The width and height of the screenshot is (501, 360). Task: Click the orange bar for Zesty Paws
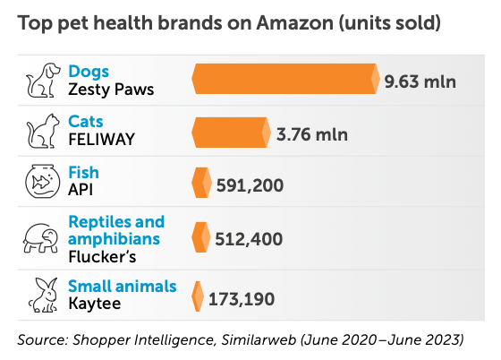tap(285, 80)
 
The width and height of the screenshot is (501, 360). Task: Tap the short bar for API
tap(201, 184)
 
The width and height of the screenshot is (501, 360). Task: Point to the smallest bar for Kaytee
tap(198, 296)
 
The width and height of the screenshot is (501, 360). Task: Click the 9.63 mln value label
tap(420, 81)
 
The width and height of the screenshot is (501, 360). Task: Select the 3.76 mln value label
tap(312, 135)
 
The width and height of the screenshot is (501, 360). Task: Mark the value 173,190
tap(241, 297)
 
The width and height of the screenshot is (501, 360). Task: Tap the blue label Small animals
tap(122, 286)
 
